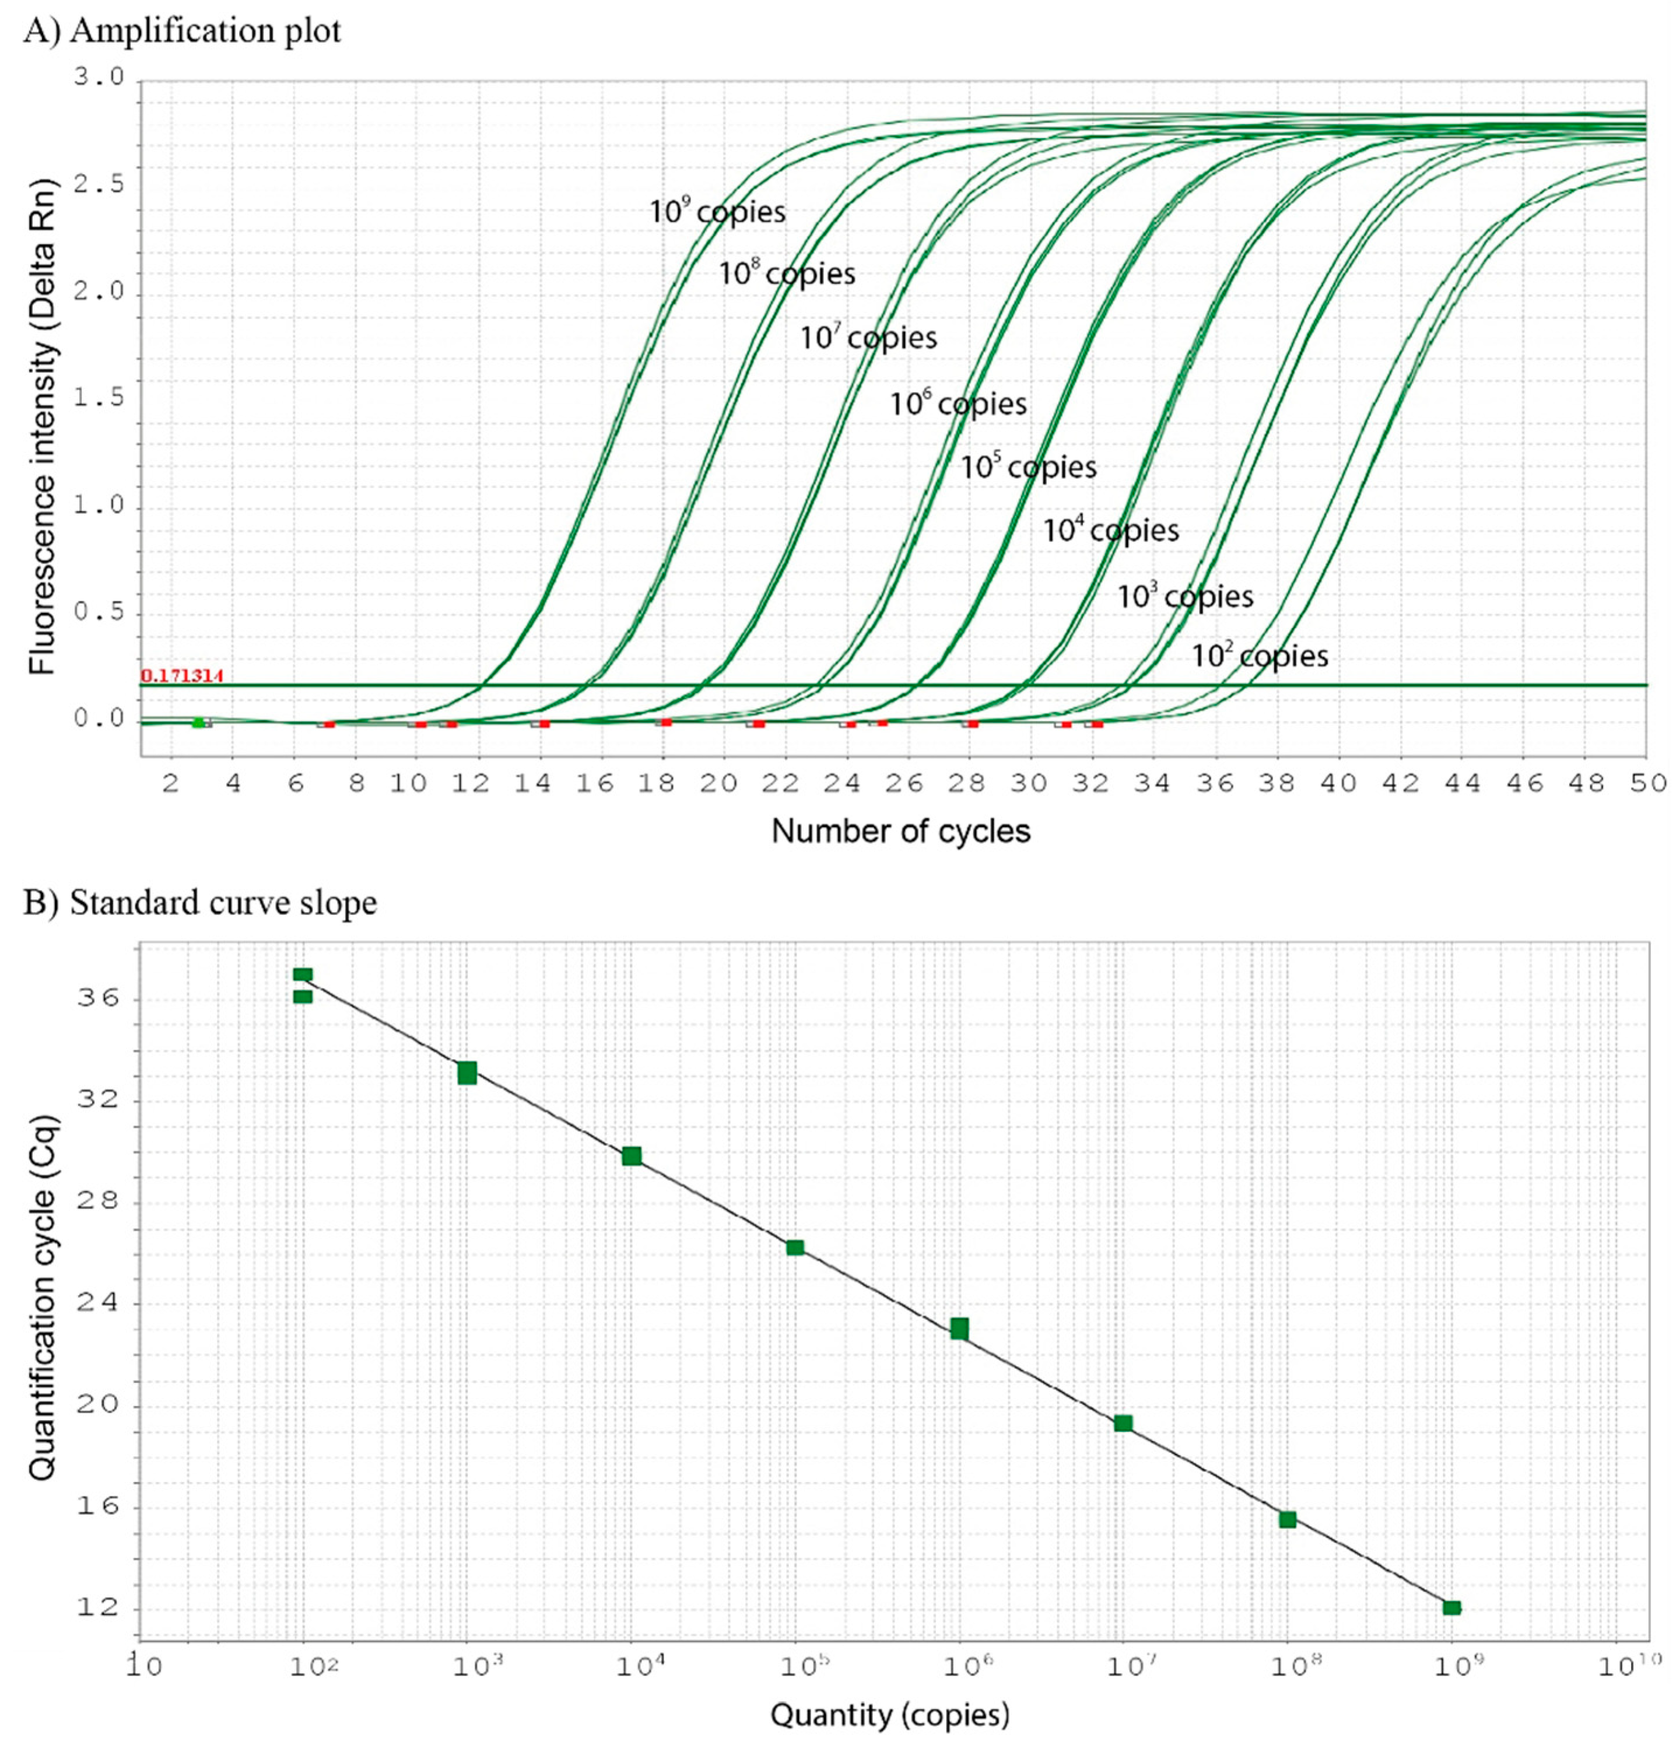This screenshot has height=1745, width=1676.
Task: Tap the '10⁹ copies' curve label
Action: click(x=717, y=212)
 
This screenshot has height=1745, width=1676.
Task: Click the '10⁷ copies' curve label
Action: click(x=867, y=338)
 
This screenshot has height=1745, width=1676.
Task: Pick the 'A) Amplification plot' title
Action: click(x=183, y=31)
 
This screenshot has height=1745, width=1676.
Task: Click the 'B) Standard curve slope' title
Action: click(x=200, y=903)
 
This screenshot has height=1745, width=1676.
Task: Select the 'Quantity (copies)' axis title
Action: click(x=889, y=1715)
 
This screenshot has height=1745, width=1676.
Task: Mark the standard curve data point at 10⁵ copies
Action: click(x=795, y=1248)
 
